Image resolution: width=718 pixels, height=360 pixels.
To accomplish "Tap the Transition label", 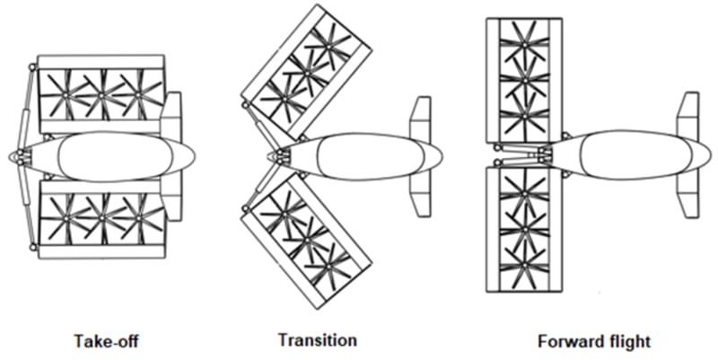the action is [x=317, y=340].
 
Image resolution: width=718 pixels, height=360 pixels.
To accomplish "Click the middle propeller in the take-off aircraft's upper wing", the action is [x=101, y=92].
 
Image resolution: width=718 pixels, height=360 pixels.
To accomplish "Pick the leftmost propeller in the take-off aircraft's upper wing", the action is [x=65, y=92].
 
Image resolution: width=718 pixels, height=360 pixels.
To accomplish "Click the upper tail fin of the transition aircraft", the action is [x=421, y=117].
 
